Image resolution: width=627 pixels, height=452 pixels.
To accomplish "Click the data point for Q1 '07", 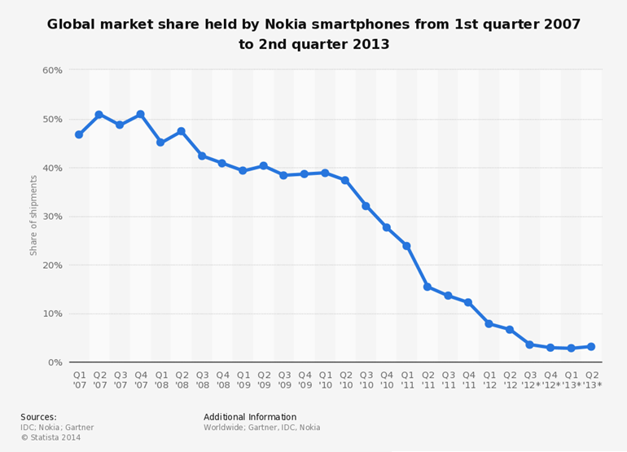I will [79, 134].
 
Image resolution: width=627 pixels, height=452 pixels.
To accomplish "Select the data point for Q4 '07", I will [140, 115].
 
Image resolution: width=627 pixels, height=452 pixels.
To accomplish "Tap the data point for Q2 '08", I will [181, 131].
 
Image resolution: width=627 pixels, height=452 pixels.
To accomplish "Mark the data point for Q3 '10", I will [366, 206].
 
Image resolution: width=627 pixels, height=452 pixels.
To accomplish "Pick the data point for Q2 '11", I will [427, 287].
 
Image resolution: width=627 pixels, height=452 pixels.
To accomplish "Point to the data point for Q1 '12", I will [489, 323].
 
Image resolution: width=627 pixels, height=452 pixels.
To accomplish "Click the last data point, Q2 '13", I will [591, 346].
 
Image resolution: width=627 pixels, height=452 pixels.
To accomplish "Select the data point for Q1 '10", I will [325, 173].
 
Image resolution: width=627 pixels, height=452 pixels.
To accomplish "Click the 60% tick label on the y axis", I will [52, 70].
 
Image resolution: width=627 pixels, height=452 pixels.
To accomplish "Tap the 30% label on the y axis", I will [52, 217].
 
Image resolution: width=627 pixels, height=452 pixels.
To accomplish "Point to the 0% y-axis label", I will [55, 362].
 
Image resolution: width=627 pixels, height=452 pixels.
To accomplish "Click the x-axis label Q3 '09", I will [284, 379].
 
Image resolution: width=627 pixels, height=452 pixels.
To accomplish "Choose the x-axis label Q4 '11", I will [468, 379].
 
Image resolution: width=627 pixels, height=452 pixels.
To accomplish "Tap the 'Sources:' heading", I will [38, 417].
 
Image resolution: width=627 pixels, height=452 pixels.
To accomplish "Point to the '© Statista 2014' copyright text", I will [50, 437].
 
